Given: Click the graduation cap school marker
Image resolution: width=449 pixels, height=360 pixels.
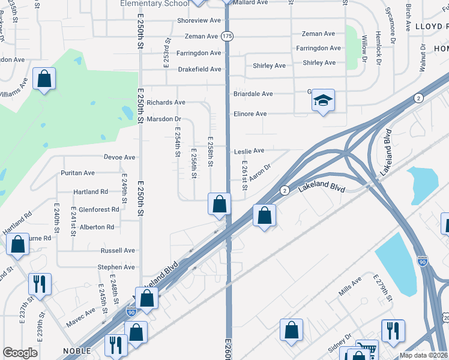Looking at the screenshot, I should pyautogui.click(x=323, y=101).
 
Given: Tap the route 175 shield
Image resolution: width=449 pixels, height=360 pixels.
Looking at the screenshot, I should pyautogui.click(x=226, y=36).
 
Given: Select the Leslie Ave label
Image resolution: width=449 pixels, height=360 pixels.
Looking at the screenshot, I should pyautogui.click(x=250, y=151).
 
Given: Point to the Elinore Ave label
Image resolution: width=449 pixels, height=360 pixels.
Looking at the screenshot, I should pyautogui.click(x=250, y=113).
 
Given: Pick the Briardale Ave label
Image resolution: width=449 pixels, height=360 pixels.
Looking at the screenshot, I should pyautogui.click(x=253, y=94).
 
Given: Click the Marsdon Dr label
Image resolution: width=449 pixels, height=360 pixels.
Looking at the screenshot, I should pyautogui.click(x=164, y=119).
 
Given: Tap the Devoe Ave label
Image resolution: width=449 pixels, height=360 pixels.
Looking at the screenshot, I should pyautogui.click(x=119, y=157).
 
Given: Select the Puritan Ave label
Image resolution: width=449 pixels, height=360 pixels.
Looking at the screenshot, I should pyautogui.click(x=77, y=173).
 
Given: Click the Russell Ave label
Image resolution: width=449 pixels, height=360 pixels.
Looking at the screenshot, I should pyautogui.click(x=118, y=250).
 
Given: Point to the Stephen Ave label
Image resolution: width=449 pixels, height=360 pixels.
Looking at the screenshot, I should pyautogui.click(x=116, y=267).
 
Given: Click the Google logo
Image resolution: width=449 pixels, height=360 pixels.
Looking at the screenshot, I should pyautogui.click(x=20, y=353).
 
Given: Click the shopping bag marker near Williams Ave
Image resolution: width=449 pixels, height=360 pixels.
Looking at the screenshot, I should pyautogui.click(x=44, y=79).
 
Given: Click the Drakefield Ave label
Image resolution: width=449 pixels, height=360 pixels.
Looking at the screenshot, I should pyautogui.click(x=200, y=69).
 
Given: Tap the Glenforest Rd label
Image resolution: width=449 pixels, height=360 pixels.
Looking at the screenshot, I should pyautogui.click(x=99, y=209).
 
